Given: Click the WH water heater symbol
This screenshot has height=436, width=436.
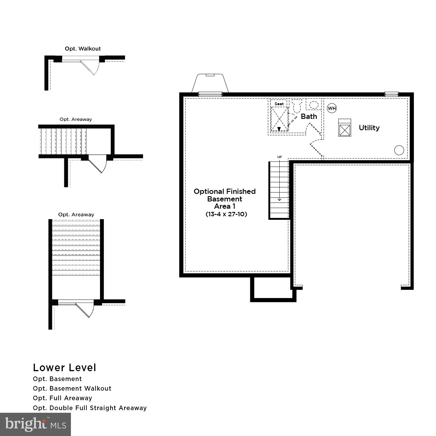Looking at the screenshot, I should pyautogui.click(x=332, y=108).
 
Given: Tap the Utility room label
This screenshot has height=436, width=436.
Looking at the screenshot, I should pyautogui.click(x=369, y=128).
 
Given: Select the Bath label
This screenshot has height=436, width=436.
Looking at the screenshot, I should pyautogui.click(x=309, y=117).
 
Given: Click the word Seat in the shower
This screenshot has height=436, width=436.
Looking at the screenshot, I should pyautogui.click(x=279, y=104).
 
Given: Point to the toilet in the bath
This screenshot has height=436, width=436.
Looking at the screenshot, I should pyautogui.click(x=297, y=106).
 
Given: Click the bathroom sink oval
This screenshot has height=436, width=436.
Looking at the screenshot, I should pyautogui.click(x=314, y=105).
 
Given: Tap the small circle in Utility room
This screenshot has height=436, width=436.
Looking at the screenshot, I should pyautogui.click(x=399, y=150).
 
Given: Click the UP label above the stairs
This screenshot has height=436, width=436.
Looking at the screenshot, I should pyautogui.click(x=279, y=157).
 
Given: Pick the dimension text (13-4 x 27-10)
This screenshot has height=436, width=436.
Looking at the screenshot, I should pyautogui.click(x=226, y=214).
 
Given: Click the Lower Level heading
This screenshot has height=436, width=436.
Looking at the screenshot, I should pyautogui.click(x=65, y=368).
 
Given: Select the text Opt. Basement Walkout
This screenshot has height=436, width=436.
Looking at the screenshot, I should pyautogui.click(x=72, y=389).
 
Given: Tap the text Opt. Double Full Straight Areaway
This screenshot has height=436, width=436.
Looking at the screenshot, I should pyautogui.click(x=90, y=408).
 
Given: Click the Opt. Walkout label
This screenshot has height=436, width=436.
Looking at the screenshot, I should pyautogui.click(x=83, y=49).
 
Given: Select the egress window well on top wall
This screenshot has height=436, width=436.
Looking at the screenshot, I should pyautogui.click(x=210, y=84).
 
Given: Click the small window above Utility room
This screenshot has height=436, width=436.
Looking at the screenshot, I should pyautogui.click(x=391, y=94).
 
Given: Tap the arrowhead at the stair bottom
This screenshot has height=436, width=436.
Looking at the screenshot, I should pyautogui.click(x=279, y=199).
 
